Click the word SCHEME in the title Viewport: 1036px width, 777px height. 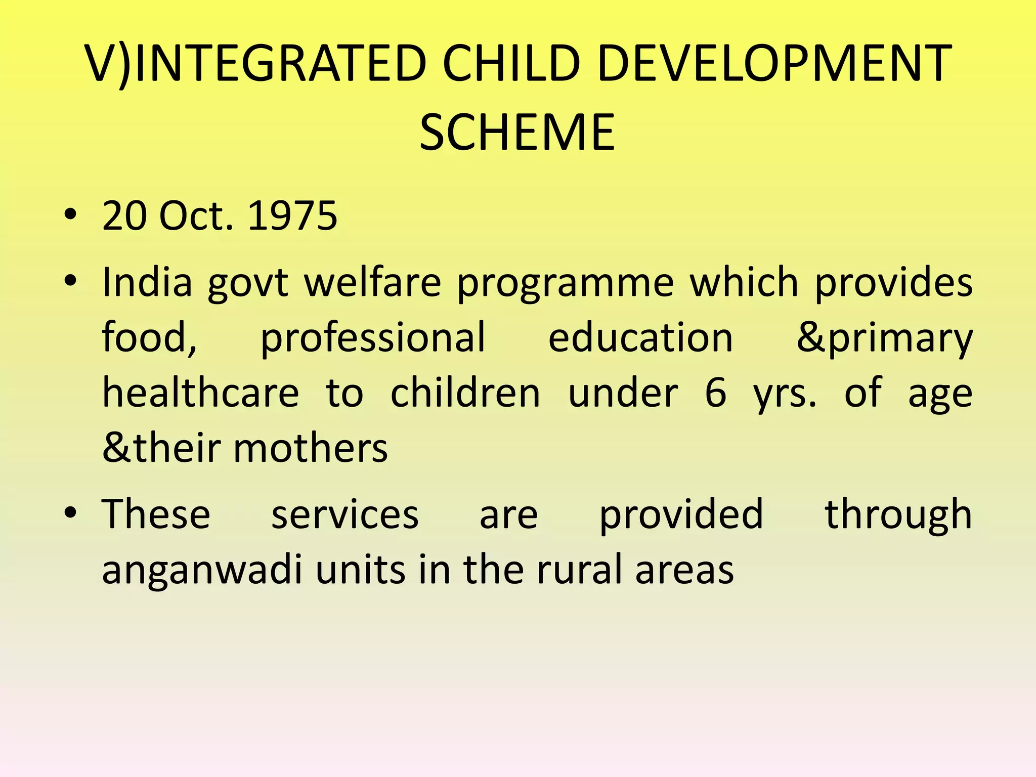[x=517, y=133]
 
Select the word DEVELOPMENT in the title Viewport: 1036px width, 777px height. [x=774, y=64]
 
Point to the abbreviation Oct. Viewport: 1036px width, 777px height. [x=196, y=216]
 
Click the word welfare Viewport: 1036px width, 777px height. [x=372, y=282]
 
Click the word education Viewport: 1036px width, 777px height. [x=640, y=338]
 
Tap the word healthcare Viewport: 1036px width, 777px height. [x=200, y=393]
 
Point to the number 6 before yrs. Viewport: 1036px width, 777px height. [x=715, y=393]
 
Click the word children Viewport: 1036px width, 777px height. [x=465, y=393]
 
